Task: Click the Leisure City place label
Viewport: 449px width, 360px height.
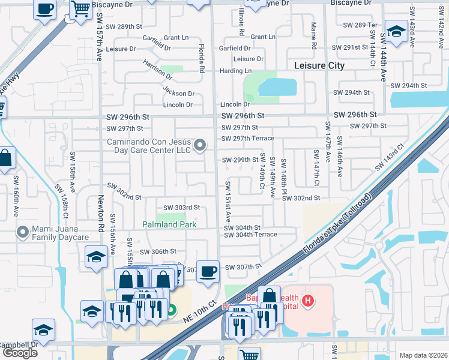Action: coord(319,65)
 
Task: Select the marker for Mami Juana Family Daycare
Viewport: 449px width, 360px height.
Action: coord(23,231)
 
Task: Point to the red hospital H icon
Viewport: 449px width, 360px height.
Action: coord(308,301)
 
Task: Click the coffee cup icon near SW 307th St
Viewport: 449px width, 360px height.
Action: coord(208,271)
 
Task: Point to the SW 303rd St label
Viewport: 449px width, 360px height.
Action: coord(179,208)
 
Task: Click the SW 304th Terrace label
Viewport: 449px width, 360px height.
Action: coord(250,235)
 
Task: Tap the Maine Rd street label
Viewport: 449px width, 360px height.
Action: coord(314,37)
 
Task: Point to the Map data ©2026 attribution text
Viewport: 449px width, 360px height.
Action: coord(423,355)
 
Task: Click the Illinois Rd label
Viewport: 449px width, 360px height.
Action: coord(241,21)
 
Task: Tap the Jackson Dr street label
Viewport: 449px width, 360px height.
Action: coord(178,94)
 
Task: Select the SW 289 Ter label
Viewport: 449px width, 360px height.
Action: coord(360,25)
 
